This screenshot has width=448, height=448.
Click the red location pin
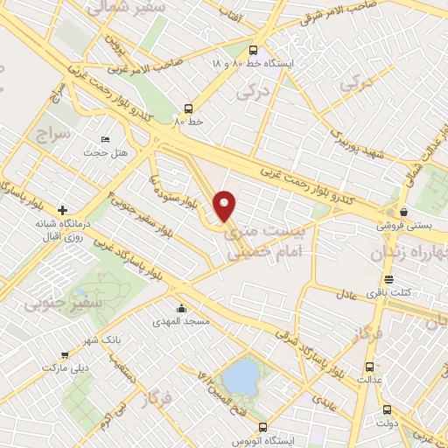[225, 205]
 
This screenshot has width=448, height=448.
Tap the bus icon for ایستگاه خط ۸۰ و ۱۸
[253, 51]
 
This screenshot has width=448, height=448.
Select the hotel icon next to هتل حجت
[106, 140]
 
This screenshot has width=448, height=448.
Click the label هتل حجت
[105, 153]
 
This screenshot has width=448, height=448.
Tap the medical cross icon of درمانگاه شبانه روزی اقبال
[62, 210]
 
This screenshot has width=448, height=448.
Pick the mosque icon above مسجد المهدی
[181, 308]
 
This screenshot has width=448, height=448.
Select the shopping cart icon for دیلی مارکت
[65, 355]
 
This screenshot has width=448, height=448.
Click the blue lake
[241, 377]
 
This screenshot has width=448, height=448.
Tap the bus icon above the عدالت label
[369, 367]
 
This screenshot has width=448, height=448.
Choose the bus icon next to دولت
[387, 409]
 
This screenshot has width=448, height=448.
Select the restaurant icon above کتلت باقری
[389, 280]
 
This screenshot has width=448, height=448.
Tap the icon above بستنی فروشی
[402, 211]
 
